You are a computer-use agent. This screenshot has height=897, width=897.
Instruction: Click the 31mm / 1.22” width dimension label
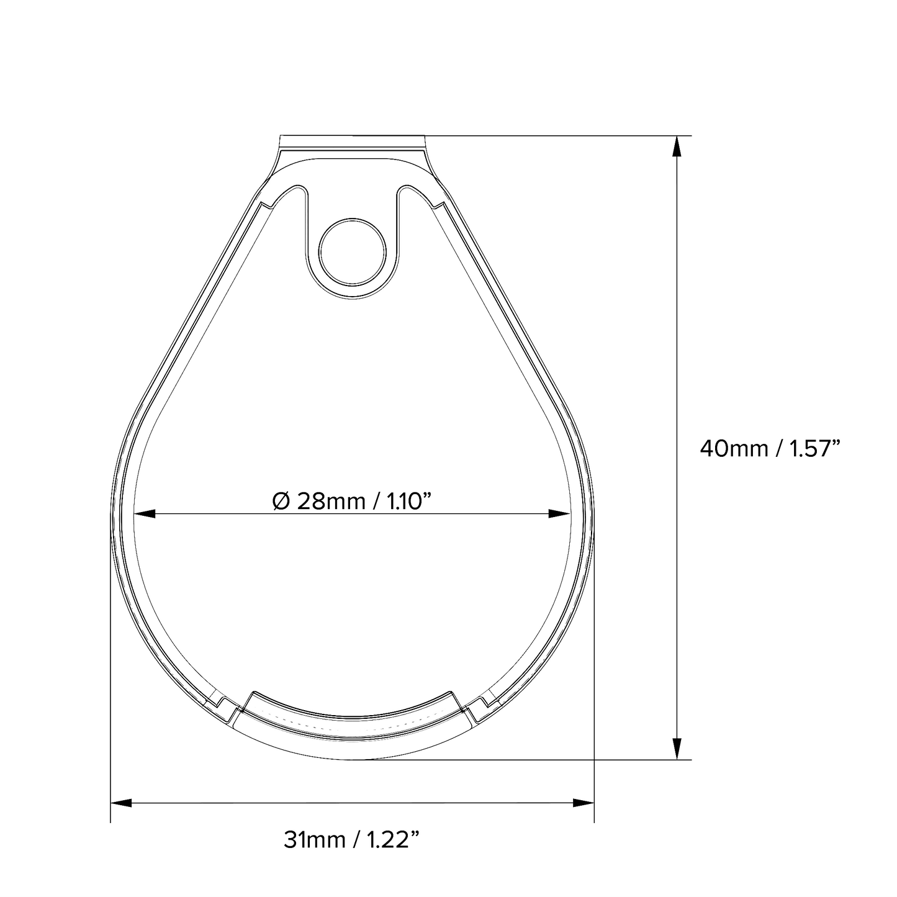pyautogui.click(x=352, y=841)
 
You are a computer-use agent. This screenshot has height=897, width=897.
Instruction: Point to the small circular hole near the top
pyautogui.click(x=353, y=251)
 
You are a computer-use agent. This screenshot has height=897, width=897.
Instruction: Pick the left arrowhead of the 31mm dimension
pyautogui.click(x=121, y=803)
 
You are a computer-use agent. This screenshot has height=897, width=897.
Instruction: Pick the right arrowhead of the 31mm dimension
pyautogui.click(x=584, y=803)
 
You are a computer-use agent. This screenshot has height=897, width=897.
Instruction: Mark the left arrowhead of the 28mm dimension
pyautogui.click(x=144, y=513)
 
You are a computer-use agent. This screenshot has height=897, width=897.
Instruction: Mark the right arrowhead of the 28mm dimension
pyautogui.click(x=559, y=513)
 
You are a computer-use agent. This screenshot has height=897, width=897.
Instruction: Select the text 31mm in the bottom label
pyautogui.click(x=313, y=841)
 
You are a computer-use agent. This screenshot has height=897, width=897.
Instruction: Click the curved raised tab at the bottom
pyautogui.click(x=352, y=714)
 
